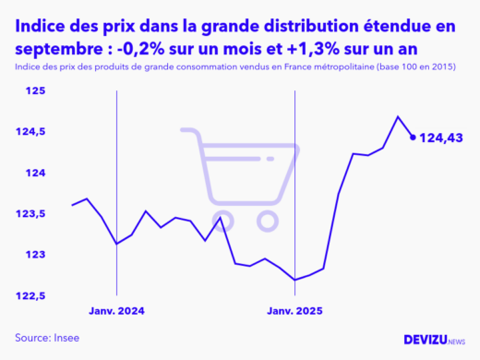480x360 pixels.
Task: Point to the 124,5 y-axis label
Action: point(30,132)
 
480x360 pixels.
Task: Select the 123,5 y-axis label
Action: point(30,213)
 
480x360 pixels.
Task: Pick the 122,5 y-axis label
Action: point(30,295)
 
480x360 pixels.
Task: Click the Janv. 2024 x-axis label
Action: point(116,311)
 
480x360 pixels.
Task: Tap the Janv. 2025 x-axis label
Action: point(294,311)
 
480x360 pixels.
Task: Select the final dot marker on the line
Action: point(413,137)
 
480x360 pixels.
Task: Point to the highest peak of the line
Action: point(398,116)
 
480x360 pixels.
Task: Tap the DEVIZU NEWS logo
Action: point(435,340)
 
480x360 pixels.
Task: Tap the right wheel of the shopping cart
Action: point(268,221)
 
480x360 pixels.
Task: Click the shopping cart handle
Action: point(188,132)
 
